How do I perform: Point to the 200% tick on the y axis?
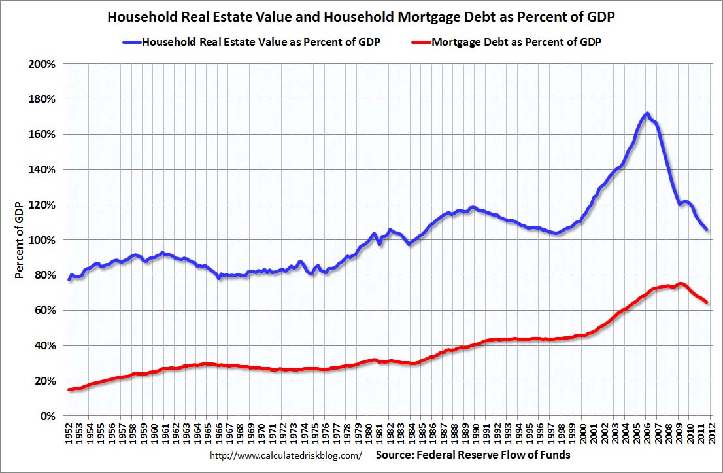(x=46, y=64)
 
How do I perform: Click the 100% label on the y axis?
(x=46, y=240)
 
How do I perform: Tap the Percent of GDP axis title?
(x=20, y=240)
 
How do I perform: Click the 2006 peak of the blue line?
(x=647, y=113)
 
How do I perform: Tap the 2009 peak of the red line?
(x=681, y=284)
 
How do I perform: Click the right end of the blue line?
(x=707, y=229)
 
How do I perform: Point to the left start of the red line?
(x=69, y=390)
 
